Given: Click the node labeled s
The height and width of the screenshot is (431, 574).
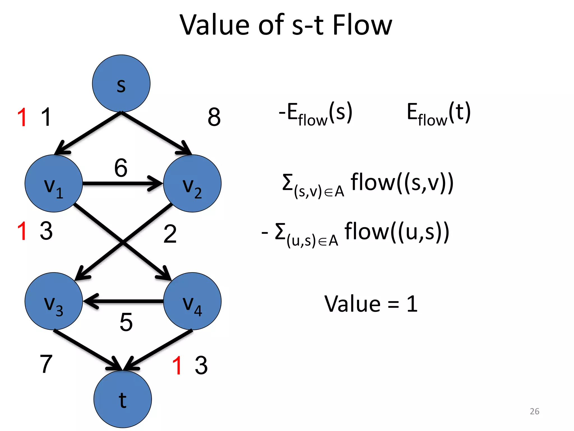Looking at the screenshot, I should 121,83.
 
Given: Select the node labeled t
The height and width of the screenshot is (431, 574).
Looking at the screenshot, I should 122,399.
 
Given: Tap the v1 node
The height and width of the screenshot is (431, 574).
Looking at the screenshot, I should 54,184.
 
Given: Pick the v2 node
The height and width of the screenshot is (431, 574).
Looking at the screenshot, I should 192,184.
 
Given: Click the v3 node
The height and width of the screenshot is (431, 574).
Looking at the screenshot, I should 54,301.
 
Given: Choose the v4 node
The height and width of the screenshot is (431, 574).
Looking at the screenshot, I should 192,301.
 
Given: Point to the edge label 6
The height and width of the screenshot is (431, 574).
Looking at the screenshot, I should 121,168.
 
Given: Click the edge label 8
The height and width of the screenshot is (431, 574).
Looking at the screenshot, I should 214,117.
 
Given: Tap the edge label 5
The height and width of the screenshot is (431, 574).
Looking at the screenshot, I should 126,322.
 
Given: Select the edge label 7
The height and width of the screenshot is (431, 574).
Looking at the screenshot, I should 46,364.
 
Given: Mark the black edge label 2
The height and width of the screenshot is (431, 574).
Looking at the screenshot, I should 170,234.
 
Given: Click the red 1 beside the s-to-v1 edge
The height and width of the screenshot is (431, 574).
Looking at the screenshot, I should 22,118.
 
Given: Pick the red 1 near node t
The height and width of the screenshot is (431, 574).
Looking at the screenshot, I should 177,365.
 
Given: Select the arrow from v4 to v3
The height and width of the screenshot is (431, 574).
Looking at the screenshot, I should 123,301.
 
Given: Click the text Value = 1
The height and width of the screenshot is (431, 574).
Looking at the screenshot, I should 371,304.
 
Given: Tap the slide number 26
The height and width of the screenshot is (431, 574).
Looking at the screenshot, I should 534,411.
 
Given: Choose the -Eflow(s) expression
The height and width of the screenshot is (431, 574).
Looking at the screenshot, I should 316,114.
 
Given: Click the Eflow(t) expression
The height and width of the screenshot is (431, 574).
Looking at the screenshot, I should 439,114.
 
